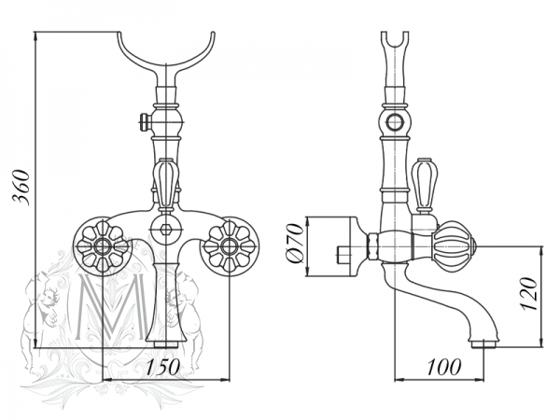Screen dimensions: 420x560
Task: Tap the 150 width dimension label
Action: pyautogui.click(x=164, y=367)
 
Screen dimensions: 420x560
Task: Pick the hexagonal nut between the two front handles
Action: pyautogui.click(x=165, y=230)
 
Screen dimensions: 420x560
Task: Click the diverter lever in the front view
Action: pyautogui.click(x=164, y=181)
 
